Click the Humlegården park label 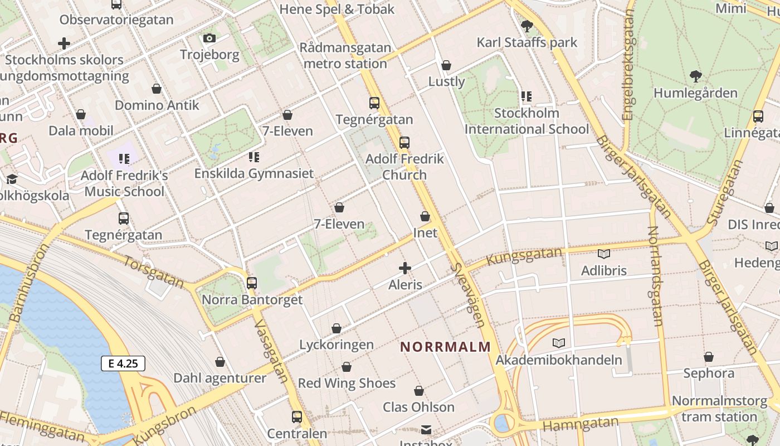[x=695, y=93]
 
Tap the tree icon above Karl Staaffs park [x=526, y=26]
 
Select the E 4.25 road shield [x=123, y=363]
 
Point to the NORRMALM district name [x=446, y=347]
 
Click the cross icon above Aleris [x=405, y=268]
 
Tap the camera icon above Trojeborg [x=209, y=38]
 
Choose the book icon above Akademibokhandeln [x=559, y=343]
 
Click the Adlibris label [x=603, y=271]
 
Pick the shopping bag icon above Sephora [x=709, y=357]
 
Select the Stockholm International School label [x=526, y=121]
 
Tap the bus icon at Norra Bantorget [x=252, y=283]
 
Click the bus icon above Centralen [x=297, y=416]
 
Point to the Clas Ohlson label [x=418, y=407]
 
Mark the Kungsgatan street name [x=524, y=256]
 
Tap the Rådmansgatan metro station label [x=345, y=55]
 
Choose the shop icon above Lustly [x=446, y=65]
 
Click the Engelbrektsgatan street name [x=628, y=65]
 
